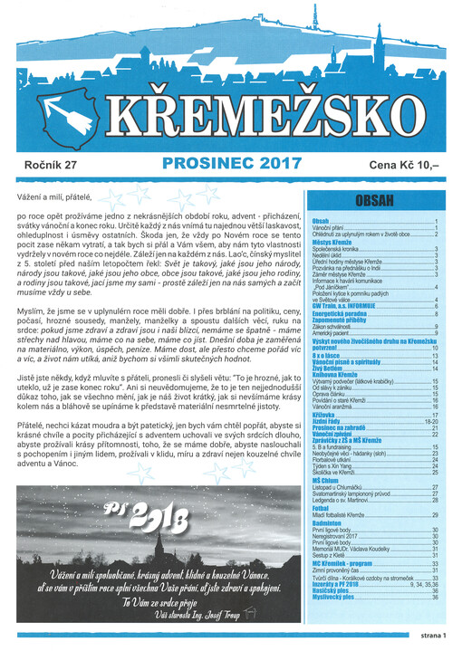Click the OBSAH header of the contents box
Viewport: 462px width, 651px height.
(373, 202)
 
